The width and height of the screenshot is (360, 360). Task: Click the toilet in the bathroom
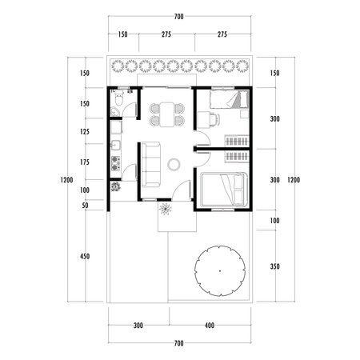pyautogui.click(x=118, y=103)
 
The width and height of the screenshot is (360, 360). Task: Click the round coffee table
pyautogui.click(x=174, y=165)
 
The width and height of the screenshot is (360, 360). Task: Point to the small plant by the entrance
pyautogui.click(x=166, y=209)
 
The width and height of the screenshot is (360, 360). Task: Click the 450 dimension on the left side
pyautogui.click(x=85, y=256)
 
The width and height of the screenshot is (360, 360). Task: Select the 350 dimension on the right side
pyautogui.click(x=274, y=266)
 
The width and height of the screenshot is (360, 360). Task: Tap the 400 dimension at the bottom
pyautogui.click(x=210, y=326)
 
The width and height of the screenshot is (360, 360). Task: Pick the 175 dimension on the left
pyautogui.click(x=85, y=162)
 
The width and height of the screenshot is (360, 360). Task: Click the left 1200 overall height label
pyautogui.click(x=65, y=180)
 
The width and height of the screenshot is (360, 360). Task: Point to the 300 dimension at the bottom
pyautogui.click(x=138, y=326)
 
